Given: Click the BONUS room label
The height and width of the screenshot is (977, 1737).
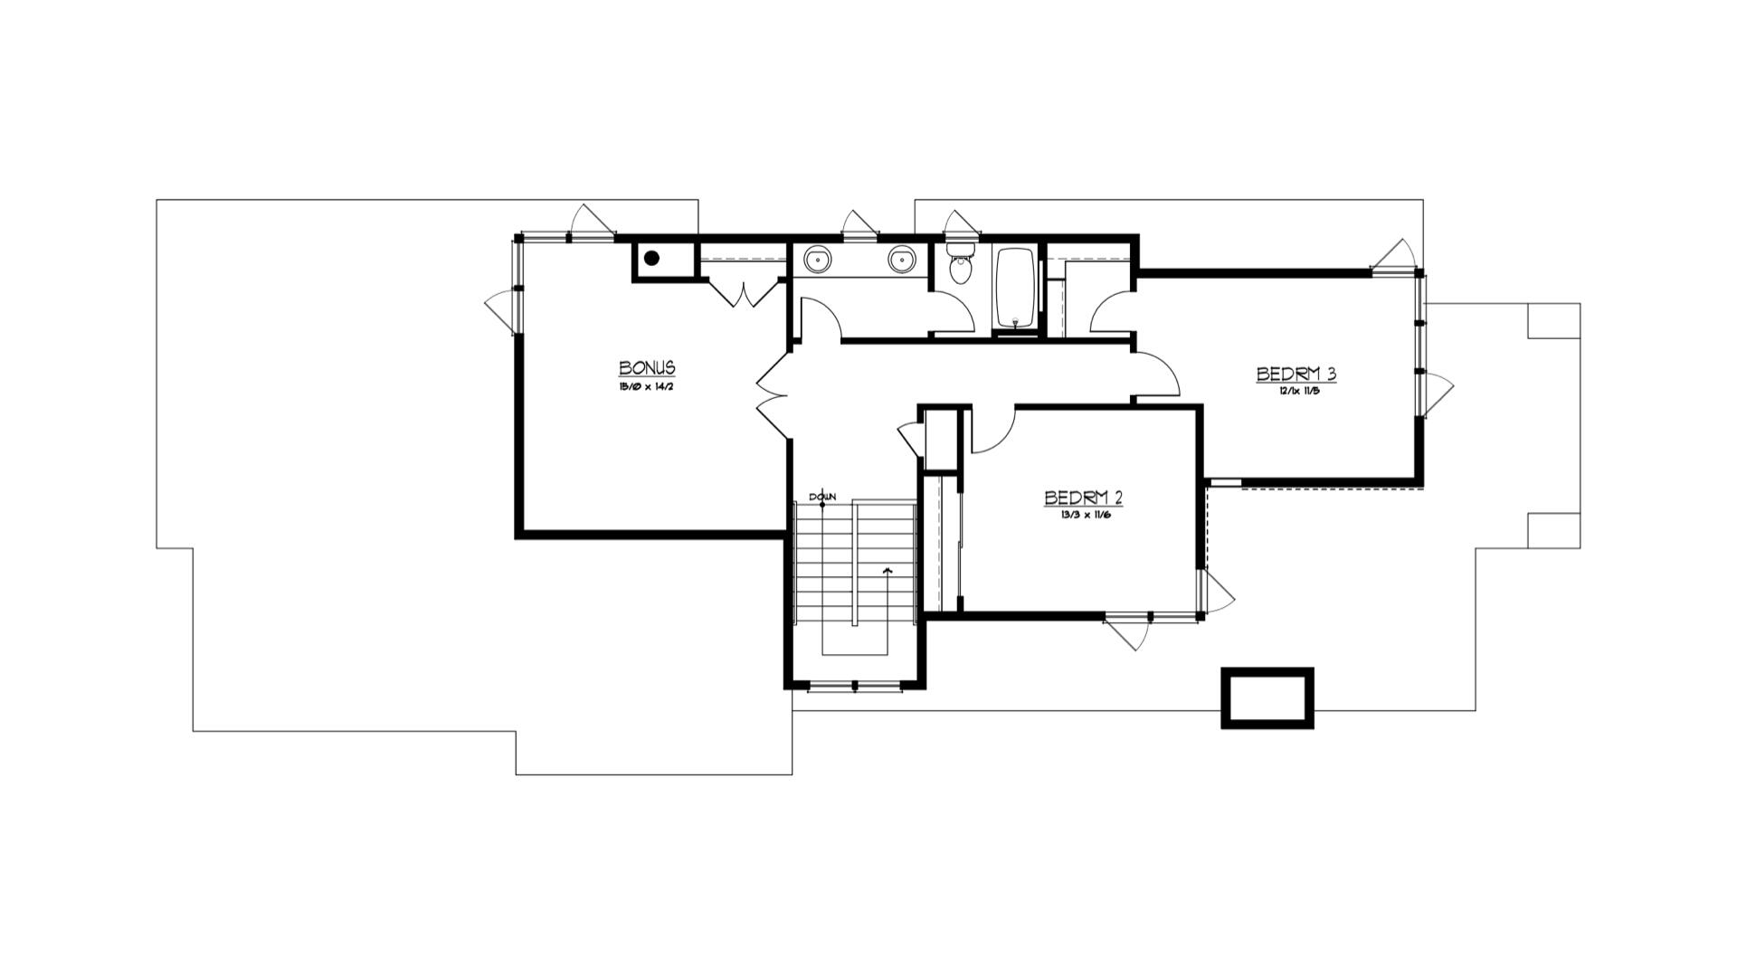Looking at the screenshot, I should tap(647, 368).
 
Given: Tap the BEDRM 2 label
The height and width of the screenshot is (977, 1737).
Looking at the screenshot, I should tap(1083, 498).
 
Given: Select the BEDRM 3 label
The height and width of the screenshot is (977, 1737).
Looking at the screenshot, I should tap(1296, 374).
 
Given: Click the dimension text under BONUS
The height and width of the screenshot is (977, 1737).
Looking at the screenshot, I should tap(647, 386).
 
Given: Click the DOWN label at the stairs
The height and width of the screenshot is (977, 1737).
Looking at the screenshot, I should tap(822, 497).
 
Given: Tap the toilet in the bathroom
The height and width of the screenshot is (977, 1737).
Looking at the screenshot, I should tap(960, 268).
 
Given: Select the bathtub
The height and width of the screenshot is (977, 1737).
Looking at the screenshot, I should tap(1016, 288).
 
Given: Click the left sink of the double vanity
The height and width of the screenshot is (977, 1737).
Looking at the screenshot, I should tap(820, 260).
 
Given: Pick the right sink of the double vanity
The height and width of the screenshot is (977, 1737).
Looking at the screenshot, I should tap(901, 260).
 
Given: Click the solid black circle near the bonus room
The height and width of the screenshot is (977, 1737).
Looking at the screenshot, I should tap(650, 259).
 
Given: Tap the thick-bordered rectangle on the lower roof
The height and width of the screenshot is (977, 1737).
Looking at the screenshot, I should tap(1267, 697).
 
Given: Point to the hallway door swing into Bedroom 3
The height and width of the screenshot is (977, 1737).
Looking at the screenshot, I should tap(1158, 373).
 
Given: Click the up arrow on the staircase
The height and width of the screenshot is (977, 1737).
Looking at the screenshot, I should tap(887, 572).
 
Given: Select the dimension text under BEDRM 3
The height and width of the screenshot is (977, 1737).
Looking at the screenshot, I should tap(1296, 391).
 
